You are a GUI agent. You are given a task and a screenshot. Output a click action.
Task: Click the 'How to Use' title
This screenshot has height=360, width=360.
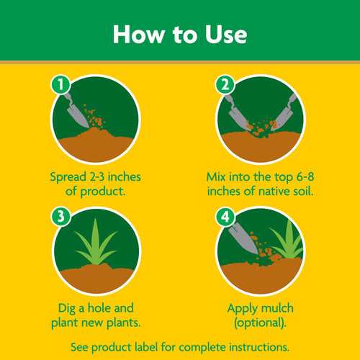tap(180, 34)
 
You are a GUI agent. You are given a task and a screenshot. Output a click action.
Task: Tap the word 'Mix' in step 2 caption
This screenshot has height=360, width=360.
tap(218, 176)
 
